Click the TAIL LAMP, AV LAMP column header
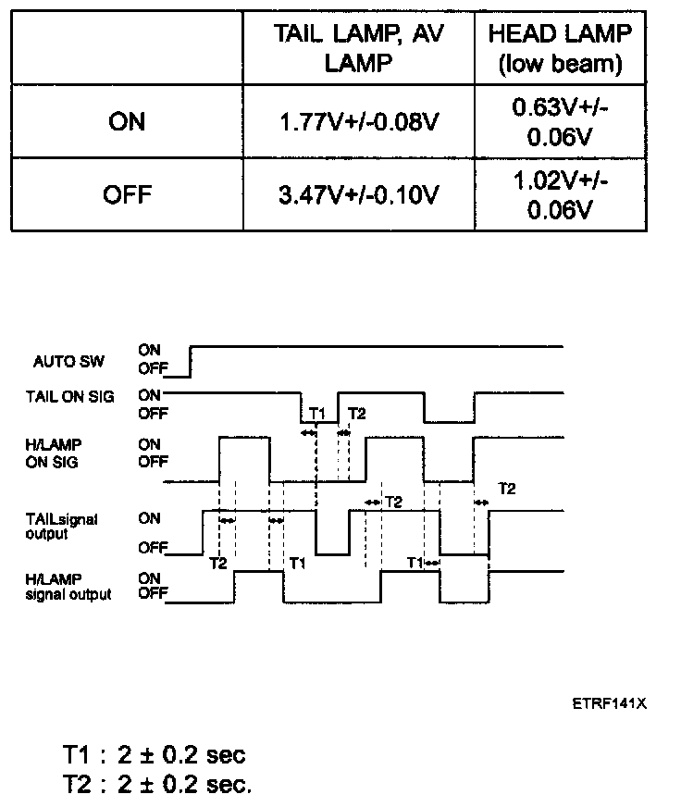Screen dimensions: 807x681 [358, 49]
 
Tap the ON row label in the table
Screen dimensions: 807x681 [127, 121]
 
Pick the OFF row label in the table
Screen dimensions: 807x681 [127, 194]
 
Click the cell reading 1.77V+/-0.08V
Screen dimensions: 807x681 [358, 121]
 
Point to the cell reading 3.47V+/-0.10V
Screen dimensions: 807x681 [358, 194]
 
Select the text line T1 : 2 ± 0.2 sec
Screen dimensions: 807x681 [154, 754]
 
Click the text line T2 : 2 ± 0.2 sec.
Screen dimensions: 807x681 [156, 785]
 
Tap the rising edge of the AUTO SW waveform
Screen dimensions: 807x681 [190, 362]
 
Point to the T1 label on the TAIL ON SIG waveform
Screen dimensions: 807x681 [316, 413]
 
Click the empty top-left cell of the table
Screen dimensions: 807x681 [127, 49]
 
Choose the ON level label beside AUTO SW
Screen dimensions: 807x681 [149, 350]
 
